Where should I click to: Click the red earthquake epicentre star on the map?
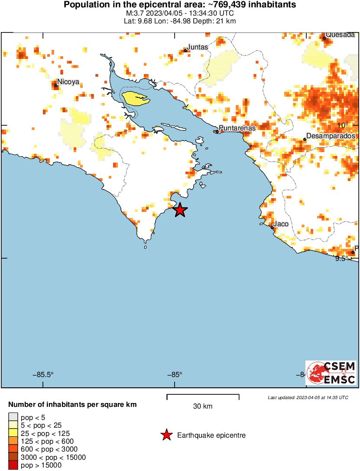click(180, 210)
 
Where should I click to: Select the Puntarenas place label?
click(237, 128)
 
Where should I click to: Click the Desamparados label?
click(331, 136)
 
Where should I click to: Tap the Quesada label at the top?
click(340, 35)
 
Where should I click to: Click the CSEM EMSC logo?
click(331, 373)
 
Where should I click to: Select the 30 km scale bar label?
click(203, 406)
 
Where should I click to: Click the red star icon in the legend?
click(166, 435)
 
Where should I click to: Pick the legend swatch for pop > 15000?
click(13, 465)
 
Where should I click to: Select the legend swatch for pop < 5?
click(13, 417)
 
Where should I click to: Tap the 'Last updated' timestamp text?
click(308, 397)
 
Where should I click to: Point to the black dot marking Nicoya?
click(56, 85)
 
